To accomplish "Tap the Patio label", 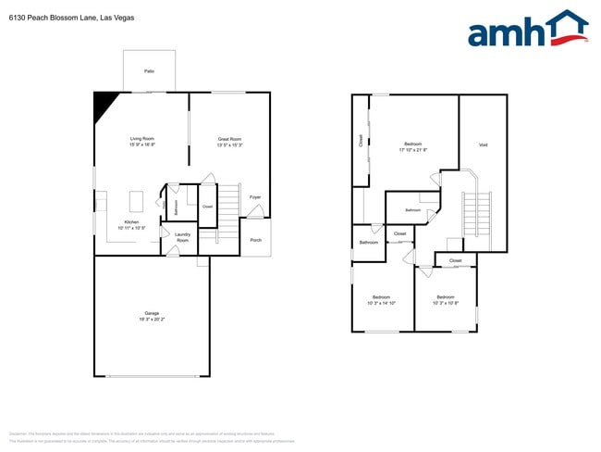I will pyautogui.click(x=149, y=70).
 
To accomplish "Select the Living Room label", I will pyautogui.click(x=141, y=139).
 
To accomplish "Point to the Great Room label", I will pyautogui.click(x=229, y=139).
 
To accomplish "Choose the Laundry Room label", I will pyautogui.click(x=182, y=237).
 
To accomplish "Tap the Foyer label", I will pyautogui.click(x=255, y=196).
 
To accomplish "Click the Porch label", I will pyautogui.click(x=256, y=239).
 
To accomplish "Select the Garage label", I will pyautogui.click(x=152, y=313).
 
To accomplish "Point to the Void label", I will pyautogui.click(x=483, y=144).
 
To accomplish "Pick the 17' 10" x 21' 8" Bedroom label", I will pyautogui.click(x=412, y=144).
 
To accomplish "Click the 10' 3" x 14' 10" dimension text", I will pyautogui.click(x=381, y=303).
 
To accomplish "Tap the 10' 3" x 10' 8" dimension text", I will pyautogui.click(x=446, y=303).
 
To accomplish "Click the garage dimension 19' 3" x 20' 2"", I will pyautogui.click(x=152, y=319).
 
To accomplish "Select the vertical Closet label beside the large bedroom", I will pyautogui.click(x=361, y=141).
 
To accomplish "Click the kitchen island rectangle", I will pyautogui.click(x=137, y=201).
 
